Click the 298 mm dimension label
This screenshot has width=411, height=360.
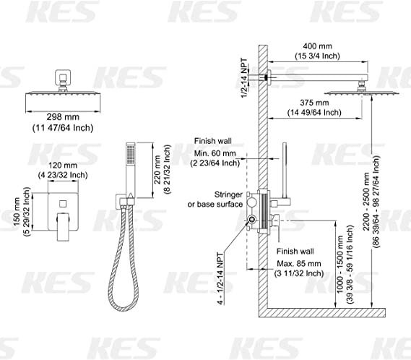pyautogui.click(x=63, y=117)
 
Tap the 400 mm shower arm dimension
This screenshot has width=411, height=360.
pyautogui.click(x=317, y=46)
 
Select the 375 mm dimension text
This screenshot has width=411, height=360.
pyautogui.click(x=314, y=103)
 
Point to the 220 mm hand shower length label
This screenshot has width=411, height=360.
pyautogui.click(x=157, y=169)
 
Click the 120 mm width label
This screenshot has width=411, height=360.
pyautogui.click(x=63, y=166)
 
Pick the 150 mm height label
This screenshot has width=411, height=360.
pyautogui.click(x=17, y=212)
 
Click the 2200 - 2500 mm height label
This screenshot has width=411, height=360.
pyautogui.click(x=366, y=202)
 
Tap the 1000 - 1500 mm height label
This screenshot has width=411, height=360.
pyautogui.click(x=340, y=265)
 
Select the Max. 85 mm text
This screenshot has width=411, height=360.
pyautogui.click(x=299, y=263)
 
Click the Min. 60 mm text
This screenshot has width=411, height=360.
pyautogui.click(x=215, y=153)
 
